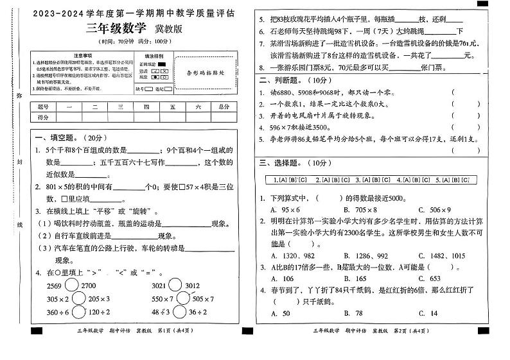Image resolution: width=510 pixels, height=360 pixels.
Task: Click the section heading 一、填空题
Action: point(53,137)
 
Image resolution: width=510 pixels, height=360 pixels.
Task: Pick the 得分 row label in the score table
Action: point(44,118)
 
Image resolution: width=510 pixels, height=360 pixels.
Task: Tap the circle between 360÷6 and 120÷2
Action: point(79,313)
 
